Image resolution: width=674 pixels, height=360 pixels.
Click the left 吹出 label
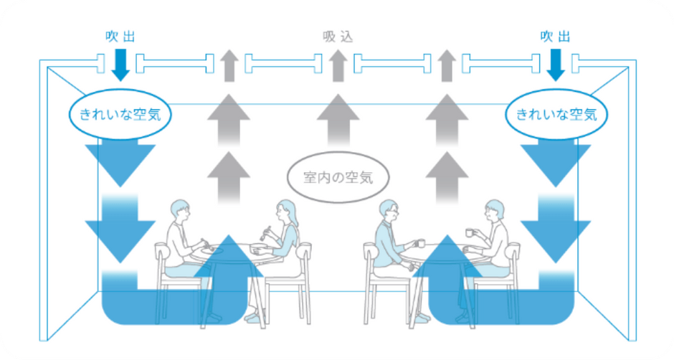click(x=120, y=37)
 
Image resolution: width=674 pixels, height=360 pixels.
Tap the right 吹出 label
click(x=556, y=37)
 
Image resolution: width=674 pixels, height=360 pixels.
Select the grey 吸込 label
click(x=338, y=37)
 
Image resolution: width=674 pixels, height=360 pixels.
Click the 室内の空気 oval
click(x=338, y=177)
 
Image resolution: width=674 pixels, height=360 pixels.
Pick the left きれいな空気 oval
click(x=120, y=114)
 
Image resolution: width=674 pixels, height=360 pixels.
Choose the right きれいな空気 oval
click(x=556, y=114)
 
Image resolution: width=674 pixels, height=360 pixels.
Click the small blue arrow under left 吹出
click(x=120, y=65)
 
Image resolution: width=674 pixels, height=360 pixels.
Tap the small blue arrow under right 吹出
click(x=556, y=65)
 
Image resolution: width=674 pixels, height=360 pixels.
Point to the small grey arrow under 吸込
click(x=338, y=65)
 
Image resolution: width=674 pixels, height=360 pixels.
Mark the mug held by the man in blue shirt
click(x=420, y=243)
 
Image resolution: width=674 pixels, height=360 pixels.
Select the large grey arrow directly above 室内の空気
click(x=338, y=120)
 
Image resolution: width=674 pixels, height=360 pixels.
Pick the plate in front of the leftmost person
click(x=218, y=250)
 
